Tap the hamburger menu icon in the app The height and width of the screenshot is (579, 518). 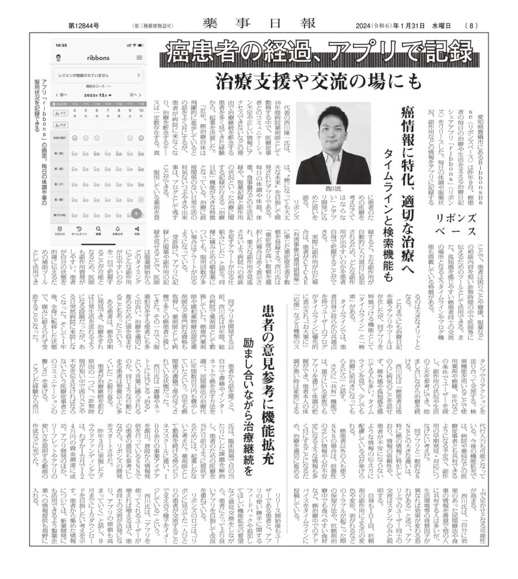[139, 58]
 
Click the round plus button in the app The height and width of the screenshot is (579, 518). [137, 213]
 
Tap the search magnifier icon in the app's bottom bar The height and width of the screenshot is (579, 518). [98, 229]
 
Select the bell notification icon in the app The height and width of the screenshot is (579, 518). [117, 229]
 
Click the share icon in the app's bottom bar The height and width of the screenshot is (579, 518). [137, 229]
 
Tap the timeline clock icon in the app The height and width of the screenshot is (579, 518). [79, 229]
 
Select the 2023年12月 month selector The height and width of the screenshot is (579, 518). [98, 95]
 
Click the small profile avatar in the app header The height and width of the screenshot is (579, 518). [59, 58]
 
